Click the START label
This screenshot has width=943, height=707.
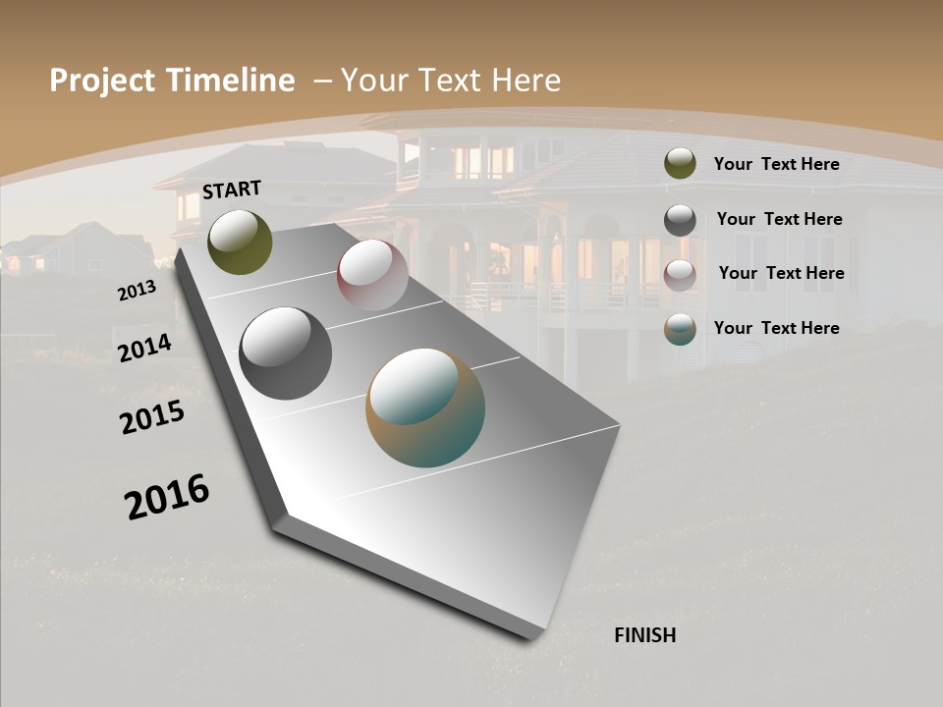[232, 190]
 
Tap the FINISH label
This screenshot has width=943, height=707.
[645, 635]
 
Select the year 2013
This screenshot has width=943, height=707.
[137, 291]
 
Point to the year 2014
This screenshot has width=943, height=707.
[144, 348]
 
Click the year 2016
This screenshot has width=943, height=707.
[167, 497]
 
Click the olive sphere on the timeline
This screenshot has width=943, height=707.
[240, 242]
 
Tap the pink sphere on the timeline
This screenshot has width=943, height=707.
[372, 275]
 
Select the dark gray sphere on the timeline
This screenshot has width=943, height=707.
[285, 353]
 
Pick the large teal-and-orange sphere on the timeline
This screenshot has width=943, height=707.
[425, 408]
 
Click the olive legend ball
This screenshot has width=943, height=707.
[680, 164]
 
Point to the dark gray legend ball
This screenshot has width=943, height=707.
[680, 219]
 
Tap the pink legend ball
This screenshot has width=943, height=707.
[680, 274]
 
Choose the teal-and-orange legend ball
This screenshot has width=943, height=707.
[680, 329]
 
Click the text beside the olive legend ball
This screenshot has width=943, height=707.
[777, 164]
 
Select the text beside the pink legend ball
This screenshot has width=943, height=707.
[782, 273]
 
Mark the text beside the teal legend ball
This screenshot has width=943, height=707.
[777, 328]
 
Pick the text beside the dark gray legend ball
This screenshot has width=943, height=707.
[780, 219]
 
